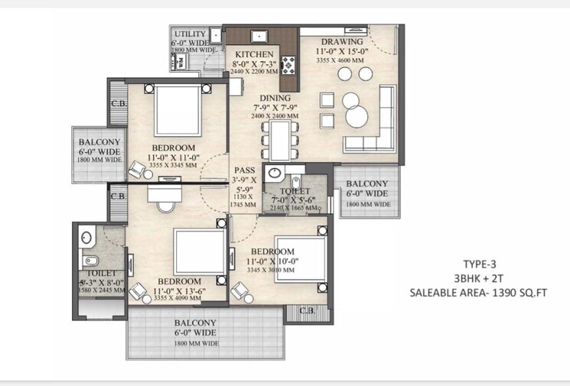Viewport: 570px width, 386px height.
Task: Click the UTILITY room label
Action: click(x=190, y=34)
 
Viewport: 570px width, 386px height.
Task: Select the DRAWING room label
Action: click(x=342, y=41)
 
